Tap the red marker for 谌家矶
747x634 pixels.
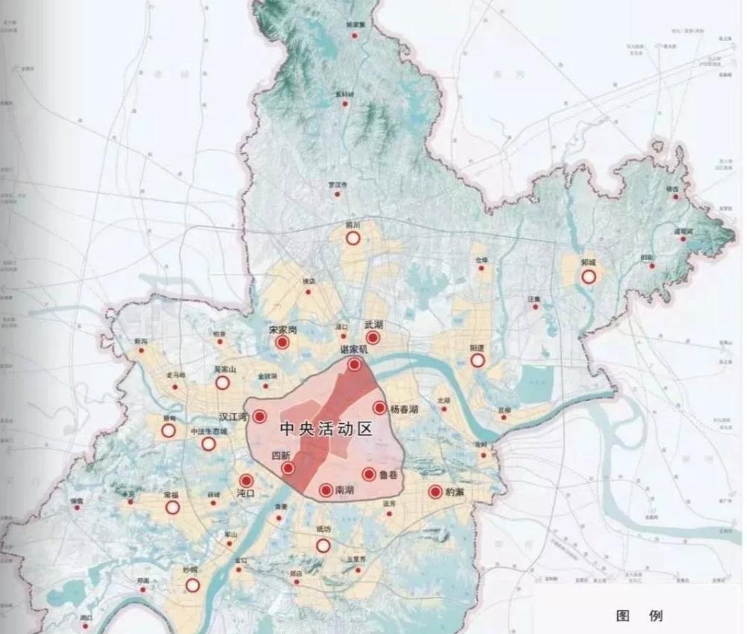(355, 364)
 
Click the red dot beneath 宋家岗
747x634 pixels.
(282, 343)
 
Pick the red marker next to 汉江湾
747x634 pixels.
(259, 417)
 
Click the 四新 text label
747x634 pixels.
(281, 455)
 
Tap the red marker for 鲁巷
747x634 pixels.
(368, 475)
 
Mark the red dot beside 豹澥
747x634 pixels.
(435, 492)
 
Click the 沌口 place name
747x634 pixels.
(245, 493)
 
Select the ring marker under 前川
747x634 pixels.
(353, 238)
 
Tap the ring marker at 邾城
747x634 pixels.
(588, 276)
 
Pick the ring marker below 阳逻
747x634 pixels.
(478, 360)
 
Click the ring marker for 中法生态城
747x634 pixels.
(209, 444)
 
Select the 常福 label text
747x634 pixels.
(171, 495)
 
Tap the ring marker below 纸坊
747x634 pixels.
(323, 545)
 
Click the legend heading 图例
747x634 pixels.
(639, 616)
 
